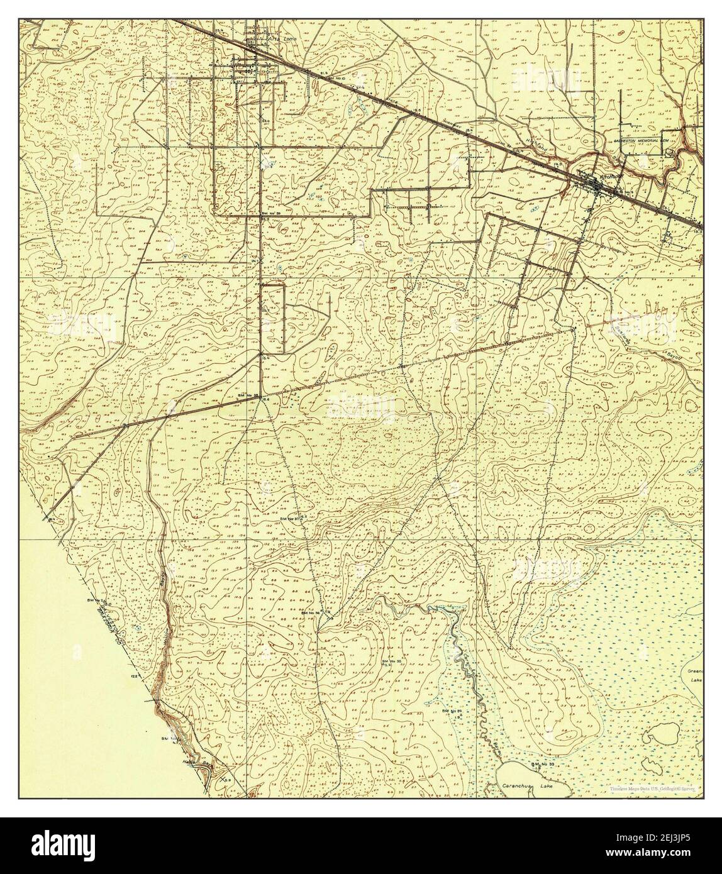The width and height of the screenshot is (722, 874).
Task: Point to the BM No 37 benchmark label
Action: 291,519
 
